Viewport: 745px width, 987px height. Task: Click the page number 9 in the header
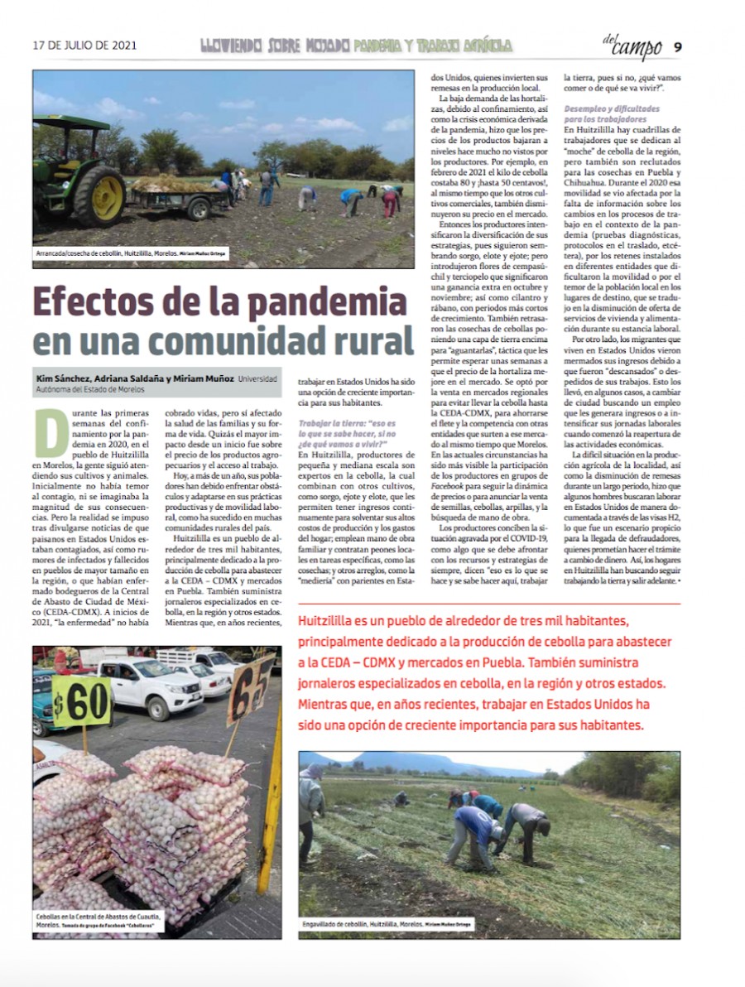[x=677, y=46]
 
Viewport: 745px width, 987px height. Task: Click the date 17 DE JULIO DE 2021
[x=84, y=46]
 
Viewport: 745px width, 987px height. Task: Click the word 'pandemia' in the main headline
[x=303, y=301]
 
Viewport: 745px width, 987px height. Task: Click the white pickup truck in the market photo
[x=149, y=686]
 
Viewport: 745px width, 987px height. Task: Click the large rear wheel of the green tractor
[x=99, y=195]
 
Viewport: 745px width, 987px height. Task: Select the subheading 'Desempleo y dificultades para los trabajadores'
[x=612, y=114]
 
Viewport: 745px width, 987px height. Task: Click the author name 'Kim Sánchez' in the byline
[x=61, y=378]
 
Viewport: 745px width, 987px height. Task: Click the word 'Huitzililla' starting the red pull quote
[x=334, y=622]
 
